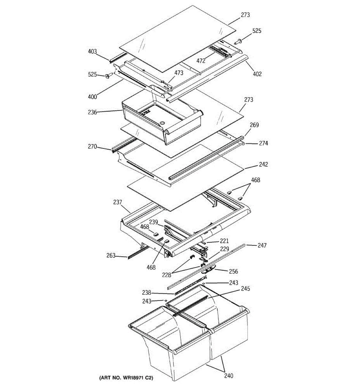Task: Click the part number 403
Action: click(92, 52)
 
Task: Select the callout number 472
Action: click(201, 61)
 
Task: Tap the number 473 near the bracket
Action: click(179, 73)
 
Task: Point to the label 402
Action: click(257, 74)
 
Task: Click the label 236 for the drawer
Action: click(92, 112)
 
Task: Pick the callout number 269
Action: click(254, 125)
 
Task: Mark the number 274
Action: click(263, 143)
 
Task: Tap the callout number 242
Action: click(263, 164)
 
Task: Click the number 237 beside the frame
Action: click(117, 202)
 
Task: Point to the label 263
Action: click(111, 255)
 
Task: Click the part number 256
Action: click(233, 271)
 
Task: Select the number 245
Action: click(245, 289)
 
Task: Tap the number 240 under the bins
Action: click(228, 376)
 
